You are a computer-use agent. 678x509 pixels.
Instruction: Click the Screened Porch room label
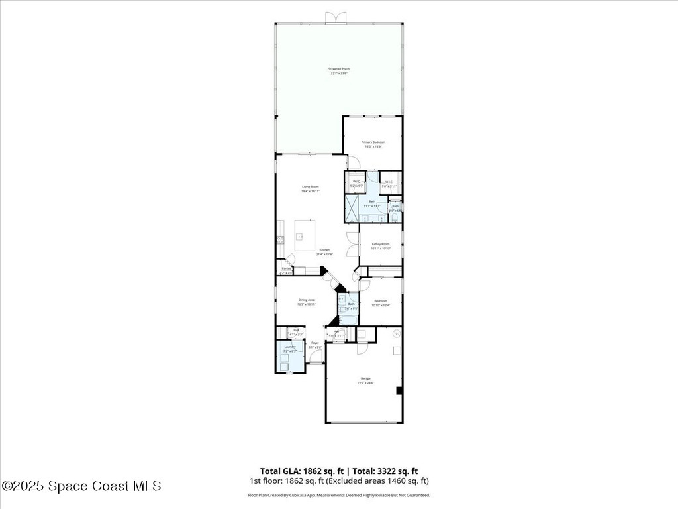click(x=339, y=69)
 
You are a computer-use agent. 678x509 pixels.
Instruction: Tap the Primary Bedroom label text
click(x=373, y=142)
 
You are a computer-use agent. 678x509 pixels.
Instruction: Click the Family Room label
click(x=381, y=245)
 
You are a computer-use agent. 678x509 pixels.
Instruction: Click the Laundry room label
click(x=290, y=347)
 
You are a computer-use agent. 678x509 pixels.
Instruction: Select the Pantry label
click(x=286, y=268)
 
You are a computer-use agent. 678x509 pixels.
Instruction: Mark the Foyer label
click(x=315, y=343)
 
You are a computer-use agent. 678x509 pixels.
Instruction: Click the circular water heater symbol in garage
click(x=397, y=333)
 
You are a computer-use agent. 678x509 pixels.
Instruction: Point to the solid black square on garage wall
click(x=399, y=391)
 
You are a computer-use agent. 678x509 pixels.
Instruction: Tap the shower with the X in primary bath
click(x=351, y=209)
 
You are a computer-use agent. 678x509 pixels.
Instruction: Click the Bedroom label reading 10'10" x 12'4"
click(x=381, y=304)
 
